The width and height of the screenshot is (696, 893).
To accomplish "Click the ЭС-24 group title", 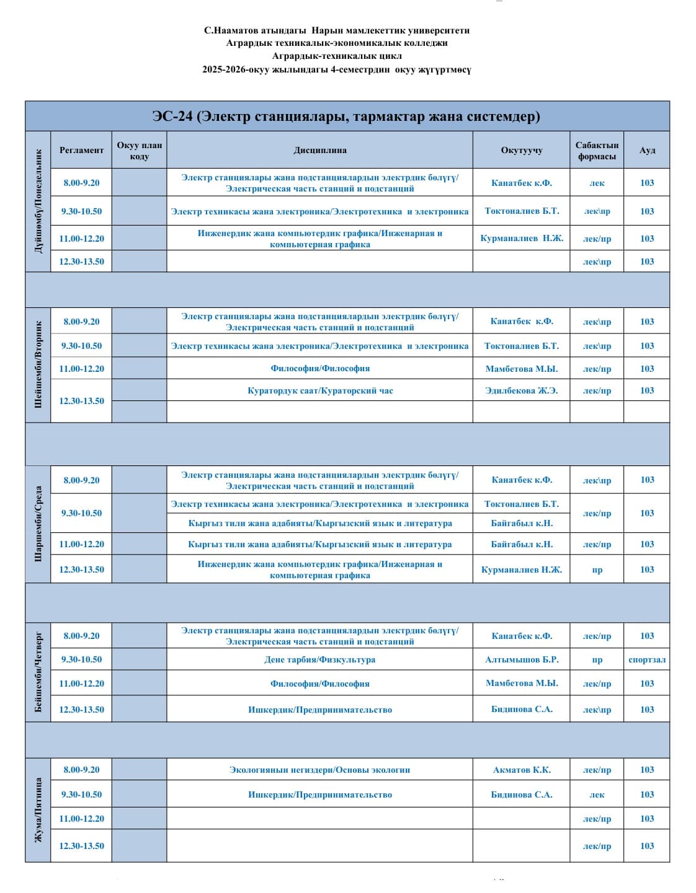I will click(x=346, y=117).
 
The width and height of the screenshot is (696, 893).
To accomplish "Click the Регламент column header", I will click(x=81, y=150).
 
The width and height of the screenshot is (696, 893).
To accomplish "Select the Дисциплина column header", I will click(x=319, y=150).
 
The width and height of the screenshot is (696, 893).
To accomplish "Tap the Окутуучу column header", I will click(x=521, y=150).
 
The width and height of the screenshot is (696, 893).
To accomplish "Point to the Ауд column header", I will click(x=647, y=150).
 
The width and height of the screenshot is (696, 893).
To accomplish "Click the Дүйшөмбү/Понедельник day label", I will click(x=38, y=201).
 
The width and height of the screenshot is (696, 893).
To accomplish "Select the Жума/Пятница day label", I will click(x=38, y=810).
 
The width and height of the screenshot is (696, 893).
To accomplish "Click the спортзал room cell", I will click(x=647, y=659).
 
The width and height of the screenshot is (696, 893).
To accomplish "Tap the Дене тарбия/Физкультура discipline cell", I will click(x=319, y=659).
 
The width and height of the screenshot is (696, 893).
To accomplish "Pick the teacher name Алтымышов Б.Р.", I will click(x=521, y=659).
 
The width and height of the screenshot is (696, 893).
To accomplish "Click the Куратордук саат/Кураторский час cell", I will click(x=319, y=390).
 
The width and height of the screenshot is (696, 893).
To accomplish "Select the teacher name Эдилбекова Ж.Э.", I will click(x=521, y=390).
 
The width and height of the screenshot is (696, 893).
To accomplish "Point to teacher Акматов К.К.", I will click(x=521, y=770).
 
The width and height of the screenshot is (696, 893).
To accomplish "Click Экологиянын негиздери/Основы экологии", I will click(x=319, y=770).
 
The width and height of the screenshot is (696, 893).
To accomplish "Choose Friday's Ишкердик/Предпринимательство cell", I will click(x=319, y=794).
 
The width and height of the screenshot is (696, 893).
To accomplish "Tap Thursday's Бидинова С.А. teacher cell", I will click(x=521, y=709).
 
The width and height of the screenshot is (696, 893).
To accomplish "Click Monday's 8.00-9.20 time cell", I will click(x=81, y=183).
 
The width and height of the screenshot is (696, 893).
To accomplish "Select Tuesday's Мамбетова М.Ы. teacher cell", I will click(x=521, y=369).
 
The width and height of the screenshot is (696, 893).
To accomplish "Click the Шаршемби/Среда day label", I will click(x=38, y=524).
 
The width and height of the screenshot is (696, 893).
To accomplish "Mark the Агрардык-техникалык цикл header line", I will click(x=336, y=56).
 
